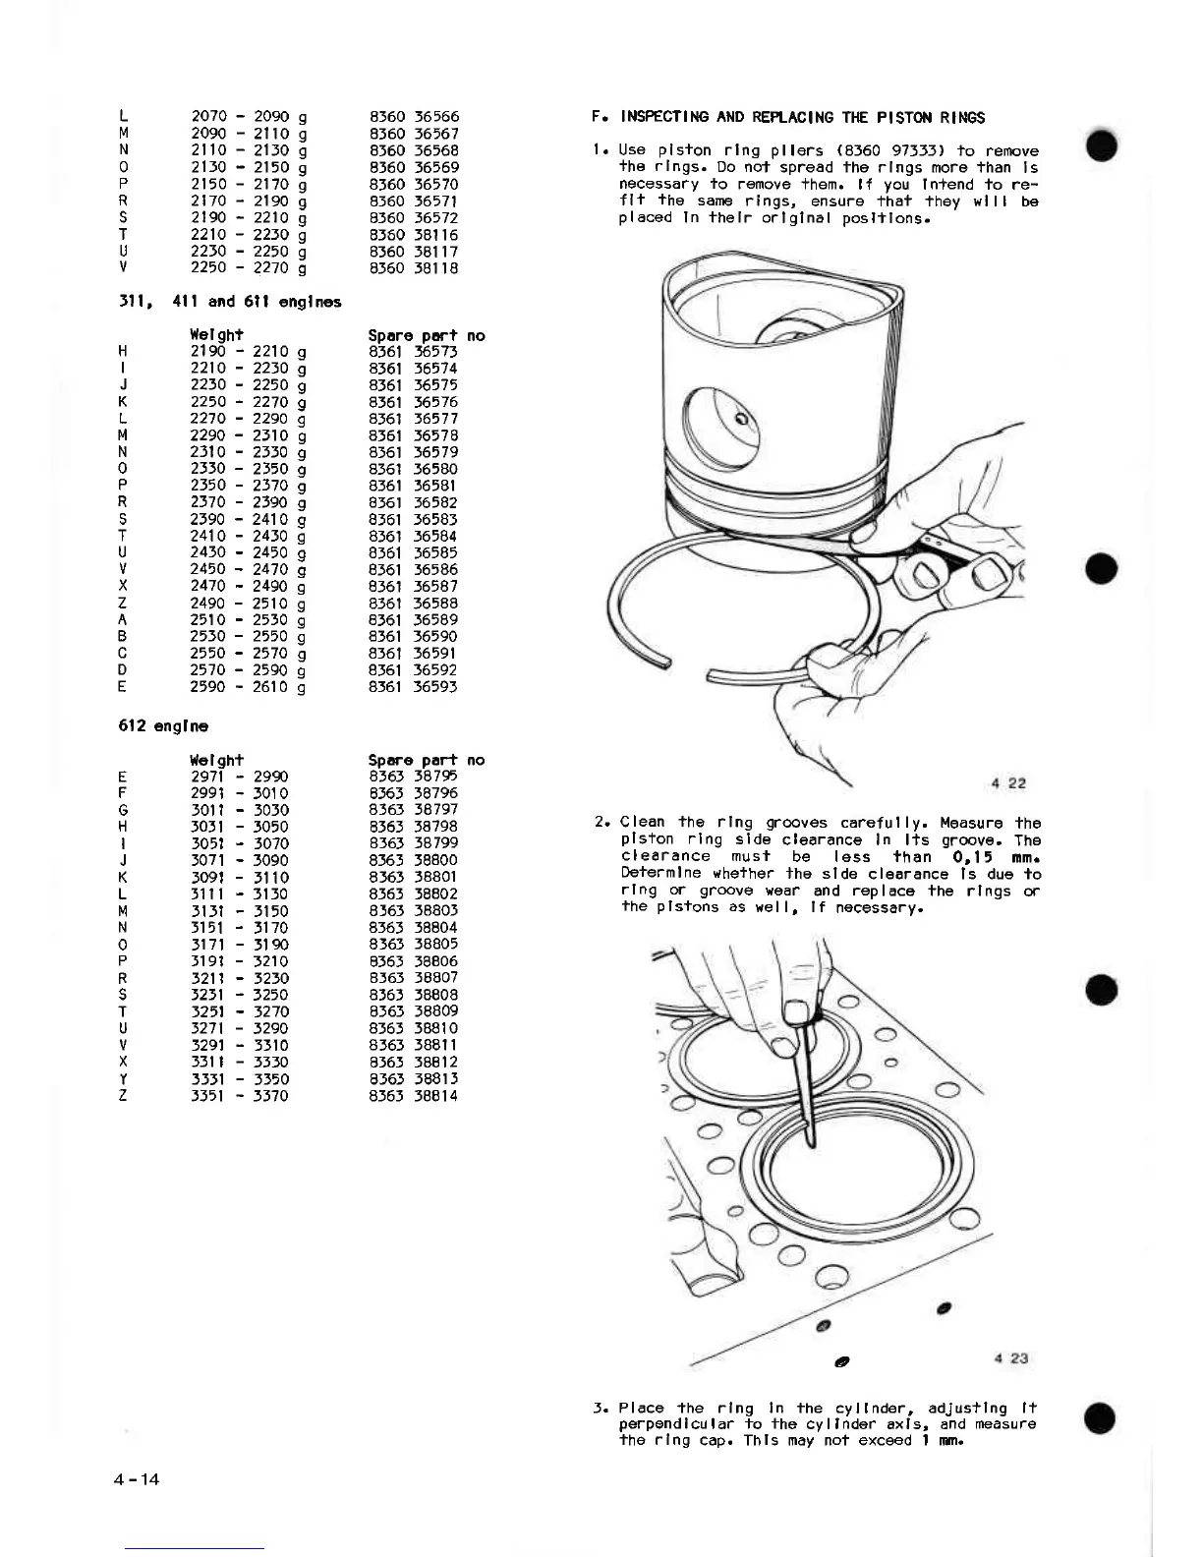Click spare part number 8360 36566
tap(414, 117)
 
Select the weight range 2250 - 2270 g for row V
tap(249, 267)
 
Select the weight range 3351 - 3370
tap(240, 1096)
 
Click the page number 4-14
tap(137, 1478)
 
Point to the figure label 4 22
tap(1008, 783)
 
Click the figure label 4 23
tap(1010, 1358)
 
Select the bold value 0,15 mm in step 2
tap(996, 857)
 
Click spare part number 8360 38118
tap(414, 267)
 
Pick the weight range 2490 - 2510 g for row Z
tap(249, 604)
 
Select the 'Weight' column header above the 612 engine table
tap(216, 760)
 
